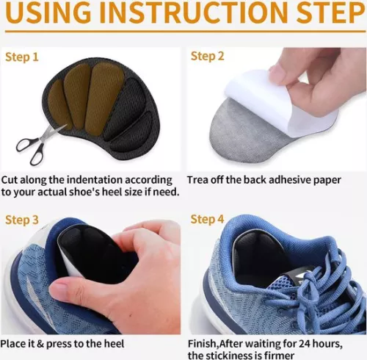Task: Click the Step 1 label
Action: pyautogui.click(x=22, y=57)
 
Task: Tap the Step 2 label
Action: pyautogui.click(x=207, y=56)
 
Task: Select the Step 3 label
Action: pyautogui.click(x=22, y=220)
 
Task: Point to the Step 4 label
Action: pyautogui.click(x=207, y=219)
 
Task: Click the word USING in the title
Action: pyautogui.click(x=52, y=12)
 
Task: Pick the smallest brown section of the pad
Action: pyautogui.click(x=59, y=104)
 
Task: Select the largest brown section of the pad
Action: pyautogui.click(x=104, y=98)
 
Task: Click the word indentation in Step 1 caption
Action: pyautogui.click(x=95, y=180)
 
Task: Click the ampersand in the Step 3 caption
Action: pyautogui.click(x=40, y=344)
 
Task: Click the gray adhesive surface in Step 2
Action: pyautogui.click(x=244, y=137)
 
